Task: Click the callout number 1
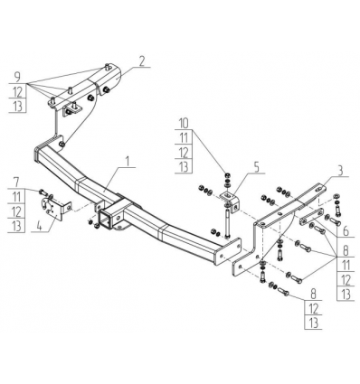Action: coord(128,162)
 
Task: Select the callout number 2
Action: coord(141,61)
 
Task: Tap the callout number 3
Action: coord(340,171)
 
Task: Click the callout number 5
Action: coord(256,168)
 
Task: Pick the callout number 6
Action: coord(346,231)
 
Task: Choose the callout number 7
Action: coord(16,183)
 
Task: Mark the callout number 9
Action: coord(17,77)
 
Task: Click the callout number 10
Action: coord(184,124)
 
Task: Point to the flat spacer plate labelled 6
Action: coord(310,216)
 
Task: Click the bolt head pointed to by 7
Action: coord(42,192)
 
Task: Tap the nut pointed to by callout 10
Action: coord(227,175)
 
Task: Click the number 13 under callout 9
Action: coord(18,106)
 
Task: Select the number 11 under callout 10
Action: coord(184,138)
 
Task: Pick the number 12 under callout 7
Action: coord(16,211)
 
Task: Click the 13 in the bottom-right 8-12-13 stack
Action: coord(314,323)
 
